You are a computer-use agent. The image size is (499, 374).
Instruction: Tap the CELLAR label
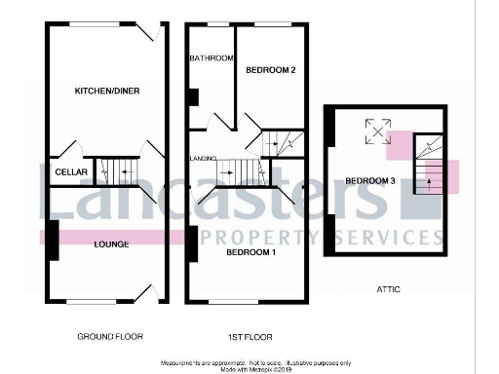pos(65,172)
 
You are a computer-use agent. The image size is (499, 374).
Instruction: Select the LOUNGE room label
pos(110,243)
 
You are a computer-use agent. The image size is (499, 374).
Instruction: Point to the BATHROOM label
pos(211,58)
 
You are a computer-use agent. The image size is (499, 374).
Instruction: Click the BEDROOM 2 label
pos(270,70)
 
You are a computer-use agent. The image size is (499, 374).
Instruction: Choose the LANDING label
pos(202,157)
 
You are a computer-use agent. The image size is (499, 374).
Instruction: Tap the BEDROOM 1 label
pos(251,252)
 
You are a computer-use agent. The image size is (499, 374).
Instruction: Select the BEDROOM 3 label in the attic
pos(368,180)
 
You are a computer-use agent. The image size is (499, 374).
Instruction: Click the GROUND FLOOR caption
pos(109,336)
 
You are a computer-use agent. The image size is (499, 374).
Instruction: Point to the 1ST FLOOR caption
pos(250,336)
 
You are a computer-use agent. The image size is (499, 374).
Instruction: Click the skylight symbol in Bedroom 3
pos(374,129)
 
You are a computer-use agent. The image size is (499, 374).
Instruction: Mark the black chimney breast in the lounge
pos(52,240)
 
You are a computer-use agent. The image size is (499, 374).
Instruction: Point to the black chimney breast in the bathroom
pos(194,96)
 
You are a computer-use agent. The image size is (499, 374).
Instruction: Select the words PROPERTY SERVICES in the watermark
pos(331,237)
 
